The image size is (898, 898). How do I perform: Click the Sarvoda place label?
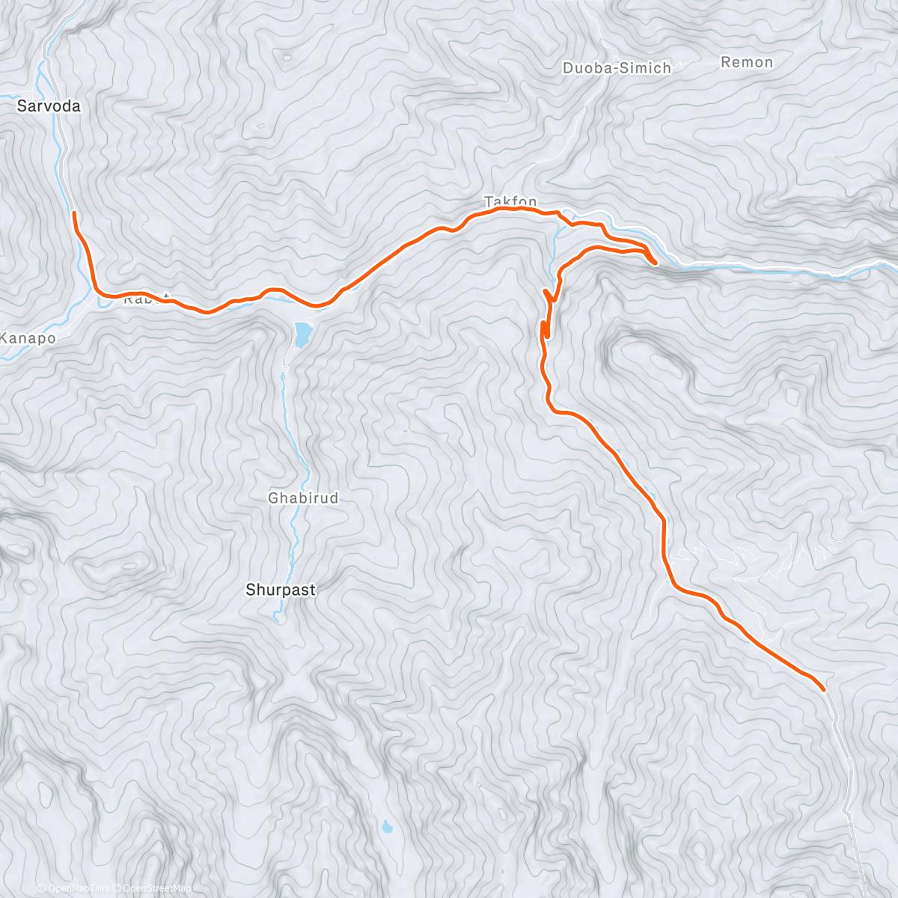click(49, 106)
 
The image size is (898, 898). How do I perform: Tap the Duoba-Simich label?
click(617, 68)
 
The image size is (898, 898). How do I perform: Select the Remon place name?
click(746, 62)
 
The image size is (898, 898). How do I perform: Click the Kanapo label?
click(27, 338)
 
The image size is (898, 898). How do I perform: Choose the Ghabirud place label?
click(303, 498)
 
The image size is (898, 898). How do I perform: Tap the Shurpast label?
click(281, 590)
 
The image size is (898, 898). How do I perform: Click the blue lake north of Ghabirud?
click(302, 335)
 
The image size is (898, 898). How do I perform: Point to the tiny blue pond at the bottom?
click(387, 828)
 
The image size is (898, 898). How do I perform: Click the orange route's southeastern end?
click(823, 689)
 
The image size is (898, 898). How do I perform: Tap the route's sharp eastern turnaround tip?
click(655, 262)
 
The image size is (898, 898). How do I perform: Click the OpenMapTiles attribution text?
click(79, 888)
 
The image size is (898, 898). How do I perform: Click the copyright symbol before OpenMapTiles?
click(42, 888)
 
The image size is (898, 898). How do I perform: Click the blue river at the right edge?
click(887, 265)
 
